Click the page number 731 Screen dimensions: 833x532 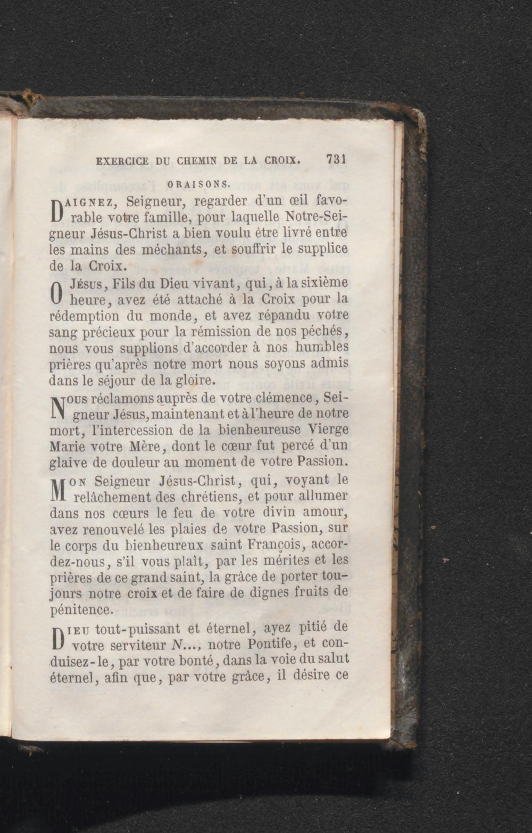pyautogui.click(x=336, y=159)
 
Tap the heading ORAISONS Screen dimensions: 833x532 pyautogui.click(x=198, y=185)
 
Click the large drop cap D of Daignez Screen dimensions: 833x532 pyautogui.click(x=57, y=211)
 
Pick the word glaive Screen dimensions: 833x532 pyautogui.click(x=66, y=463)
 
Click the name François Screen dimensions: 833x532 pyautogui.click(x=275, y=545)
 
